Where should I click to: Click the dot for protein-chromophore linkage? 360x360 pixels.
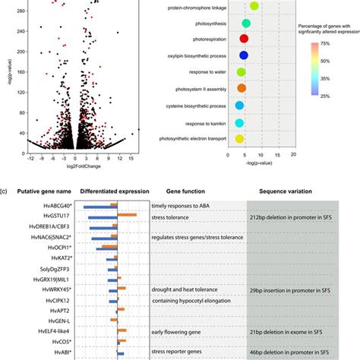[254, 7]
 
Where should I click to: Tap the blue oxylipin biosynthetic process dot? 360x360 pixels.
[244, 55]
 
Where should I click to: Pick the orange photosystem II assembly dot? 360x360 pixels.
[242, 89]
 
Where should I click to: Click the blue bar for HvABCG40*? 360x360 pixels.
[100, 207]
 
